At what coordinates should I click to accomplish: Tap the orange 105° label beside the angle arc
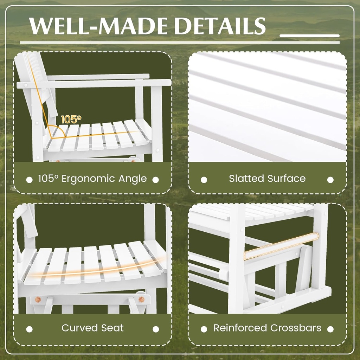click(71, 119)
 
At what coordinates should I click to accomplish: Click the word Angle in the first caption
click(133, 179)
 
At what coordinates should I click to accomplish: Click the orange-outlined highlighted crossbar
click(281, 246)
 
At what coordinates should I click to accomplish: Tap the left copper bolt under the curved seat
click(38, 300)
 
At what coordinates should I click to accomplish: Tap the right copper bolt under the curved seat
click(141, 300)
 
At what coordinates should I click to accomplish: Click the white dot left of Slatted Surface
click(204, 180)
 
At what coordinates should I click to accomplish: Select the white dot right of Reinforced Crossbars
click(330, 329)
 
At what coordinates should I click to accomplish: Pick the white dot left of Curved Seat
click(30, 329)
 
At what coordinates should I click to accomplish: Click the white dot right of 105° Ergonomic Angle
click(156, 180)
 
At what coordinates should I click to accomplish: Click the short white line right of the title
click(309, 36)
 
